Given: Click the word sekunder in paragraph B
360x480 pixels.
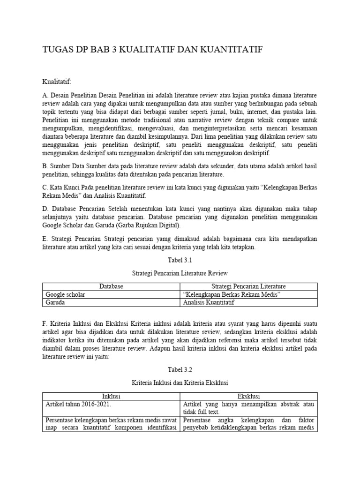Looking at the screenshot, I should (x=208, y=165).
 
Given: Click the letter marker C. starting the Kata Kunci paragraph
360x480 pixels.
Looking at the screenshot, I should (x=45, y=187).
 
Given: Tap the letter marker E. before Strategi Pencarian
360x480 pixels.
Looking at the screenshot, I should (x=45, y=239).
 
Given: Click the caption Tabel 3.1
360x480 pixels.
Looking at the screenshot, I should (x=180, y=261).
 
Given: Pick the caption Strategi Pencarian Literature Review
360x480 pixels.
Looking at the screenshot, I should (x=180, y=273).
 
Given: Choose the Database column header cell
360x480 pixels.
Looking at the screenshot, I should (x=111, y=286).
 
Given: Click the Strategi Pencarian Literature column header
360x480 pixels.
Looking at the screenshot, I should (x=248, y=286).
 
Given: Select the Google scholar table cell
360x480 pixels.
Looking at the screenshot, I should (x=65, y=294).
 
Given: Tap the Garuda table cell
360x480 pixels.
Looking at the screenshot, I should (x=55, y=302).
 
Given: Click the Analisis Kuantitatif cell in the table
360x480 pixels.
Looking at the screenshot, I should (x=209, y=302).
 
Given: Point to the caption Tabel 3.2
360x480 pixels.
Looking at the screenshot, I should (x=180, y=370).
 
